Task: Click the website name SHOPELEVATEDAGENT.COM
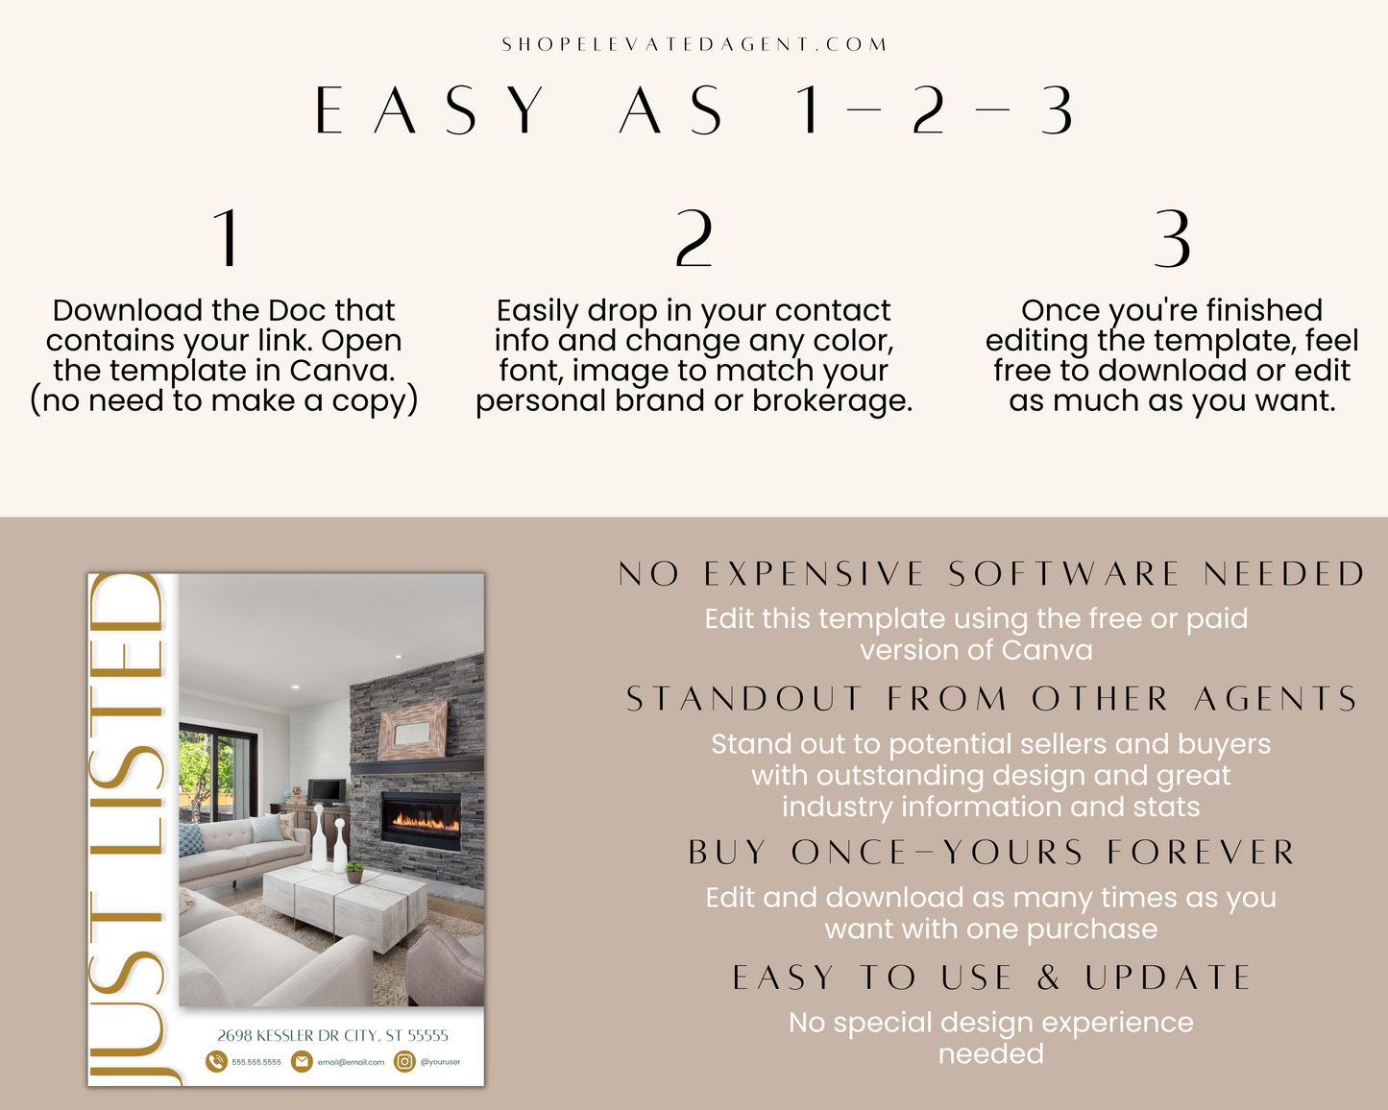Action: [x=694, y=44]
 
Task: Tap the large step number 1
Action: [x=227, y=237]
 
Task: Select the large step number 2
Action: [x=694, y=237]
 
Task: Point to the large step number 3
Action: [x=1171, y=237]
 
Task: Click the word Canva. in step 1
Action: [x=342, y=371]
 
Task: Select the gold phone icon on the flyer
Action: [x=216, y=1061]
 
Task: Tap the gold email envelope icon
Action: [x=302, y=1061]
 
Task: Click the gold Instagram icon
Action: [x=404, y=1061]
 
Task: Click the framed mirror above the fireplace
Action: [x=413, y=731]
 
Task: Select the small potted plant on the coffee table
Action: [x=354, y=872]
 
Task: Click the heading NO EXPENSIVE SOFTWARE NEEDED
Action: [x=991, y=574]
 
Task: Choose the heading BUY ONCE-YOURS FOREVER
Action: [x=991, y=853]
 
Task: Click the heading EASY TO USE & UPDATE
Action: [x=991, y=977]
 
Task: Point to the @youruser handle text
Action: [x=441, y=1062]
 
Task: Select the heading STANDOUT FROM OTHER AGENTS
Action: [x=991, y=698]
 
